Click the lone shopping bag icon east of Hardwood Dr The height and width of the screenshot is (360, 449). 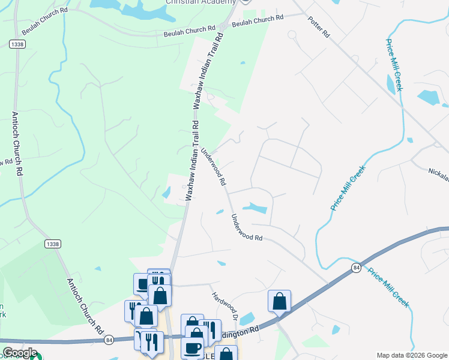pyautogui.click(x=279, y=301)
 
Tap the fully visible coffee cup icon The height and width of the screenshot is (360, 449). pyautogui.click(x=193, y=346)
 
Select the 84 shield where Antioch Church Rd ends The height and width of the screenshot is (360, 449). pyautogui.click(x=109, y=340)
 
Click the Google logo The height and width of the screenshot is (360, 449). pyautogui.click(x=19, y=353)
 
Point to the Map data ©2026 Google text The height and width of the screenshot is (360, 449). pyautogui.click(x=411, y=355)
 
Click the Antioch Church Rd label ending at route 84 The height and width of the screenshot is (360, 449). pyautogui.click(x=83, y=307)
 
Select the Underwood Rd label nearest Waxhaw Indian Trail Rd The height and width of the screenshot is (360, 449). pyautogui.click(x=214, y=166)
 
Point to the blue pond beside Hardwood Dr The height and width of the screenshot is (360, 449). pyautogui.click(x=247, y=319)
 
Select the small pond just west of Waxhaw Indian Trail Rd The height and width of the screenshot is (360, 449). pyautogui.click(x=166, y=193)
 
